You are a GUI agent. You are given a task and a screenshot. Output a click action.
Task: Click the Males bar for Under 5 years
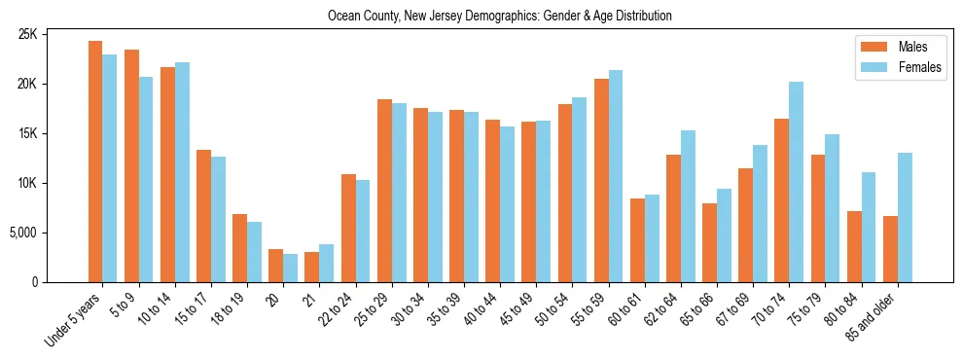(95, 162)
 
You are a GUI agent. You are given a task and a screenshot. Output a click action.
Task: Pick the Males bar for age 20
(276, 266)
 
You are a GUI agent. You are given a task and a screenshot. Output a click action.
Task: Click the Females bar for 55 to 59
(616, 176)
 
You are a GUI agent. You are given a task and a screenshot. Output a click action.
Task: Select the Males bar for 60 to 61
(637, 240)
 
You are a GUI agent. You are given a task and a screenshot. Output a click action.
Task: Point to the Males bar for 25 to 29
(384, 191)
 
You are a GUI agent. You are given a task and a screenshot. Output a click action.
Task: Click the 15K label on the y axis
(54, 133)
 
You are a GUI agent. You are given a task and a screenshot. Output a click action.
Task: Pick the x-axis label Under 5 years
(73, 320)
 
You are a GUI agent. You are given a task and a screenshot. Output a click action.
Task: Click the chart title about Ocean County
(500, 16)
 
